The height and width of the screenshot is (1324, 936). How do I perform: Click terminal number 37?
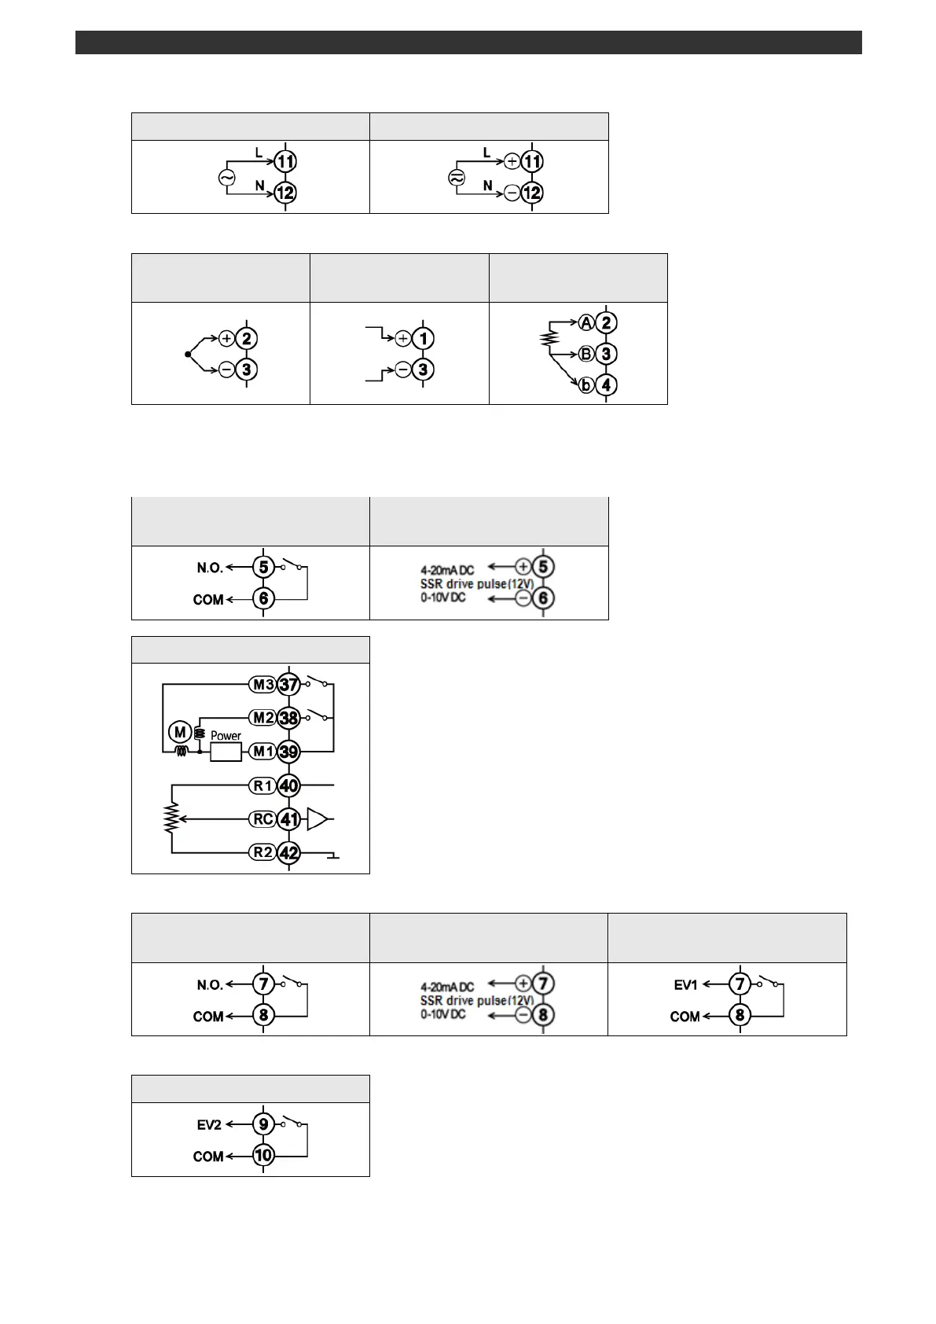289,685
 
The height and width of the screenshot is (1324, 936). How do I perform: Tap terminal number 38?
289,718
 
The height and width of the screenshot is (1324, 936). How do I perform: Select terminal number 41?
289,819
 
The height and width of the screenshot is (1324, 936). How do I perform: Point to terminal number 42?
289,853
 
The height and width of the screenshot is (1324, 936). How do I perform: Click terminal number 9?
263,1124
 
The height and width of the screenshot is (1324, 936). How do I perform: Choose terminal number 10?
263,1156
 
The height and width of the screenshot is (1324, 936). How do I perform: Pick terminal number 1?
424,339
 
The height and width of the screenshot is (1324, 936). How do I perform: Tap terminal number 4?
606,385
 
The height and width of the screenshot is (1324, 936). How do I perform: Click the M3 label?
263,685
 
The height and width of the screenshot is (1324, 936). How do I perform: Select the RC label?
263,819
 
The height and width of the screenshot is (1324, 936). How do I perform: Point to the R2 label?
263,852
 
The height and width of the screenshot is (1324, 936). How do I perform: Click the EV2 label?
209,1125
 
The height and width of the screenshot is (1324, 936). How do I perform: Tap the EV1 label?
685,984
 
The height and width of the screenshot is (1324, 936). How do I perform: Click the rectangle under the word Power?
226,752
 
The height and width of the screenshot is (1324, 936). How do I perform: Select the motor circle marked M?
180,733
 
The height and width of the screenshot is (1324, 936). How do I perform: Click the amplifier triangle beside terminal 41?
317,819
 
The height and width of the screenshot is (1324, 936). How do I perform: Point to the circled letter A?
586,322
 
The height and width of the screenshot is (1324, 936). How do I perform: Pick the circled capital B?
586,354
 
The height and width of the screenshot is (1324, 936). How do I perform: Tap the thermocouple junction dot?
187,355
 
